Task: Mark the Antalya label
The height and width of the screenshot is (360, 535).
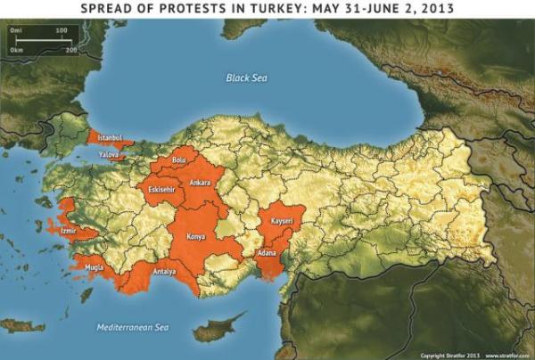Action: (x=166, y=272)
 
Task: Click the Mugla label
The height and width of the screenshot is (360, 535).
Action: (x=94, y=266)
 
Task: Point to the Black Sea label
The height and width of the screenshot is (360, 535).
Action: (x=246, y=78)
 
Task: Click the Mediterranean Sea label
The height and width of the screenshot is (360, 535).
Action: (x=133, y=328)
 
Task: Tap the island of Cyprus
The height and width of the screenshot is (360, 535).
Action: (x=218, y=329)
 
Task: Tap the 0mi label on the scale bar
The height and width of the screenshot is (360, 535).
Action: (x=15, y=30)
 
